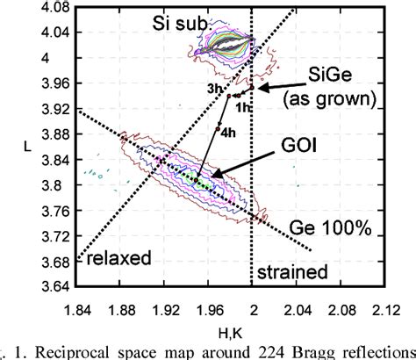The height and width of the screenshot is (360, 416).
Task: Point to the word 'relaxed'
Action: click(113, 257)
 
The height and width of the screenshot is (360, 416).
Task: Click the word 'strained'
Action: click(293, 272)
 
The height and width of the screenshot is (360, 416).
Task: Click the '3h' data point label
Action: click(213, 89)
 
